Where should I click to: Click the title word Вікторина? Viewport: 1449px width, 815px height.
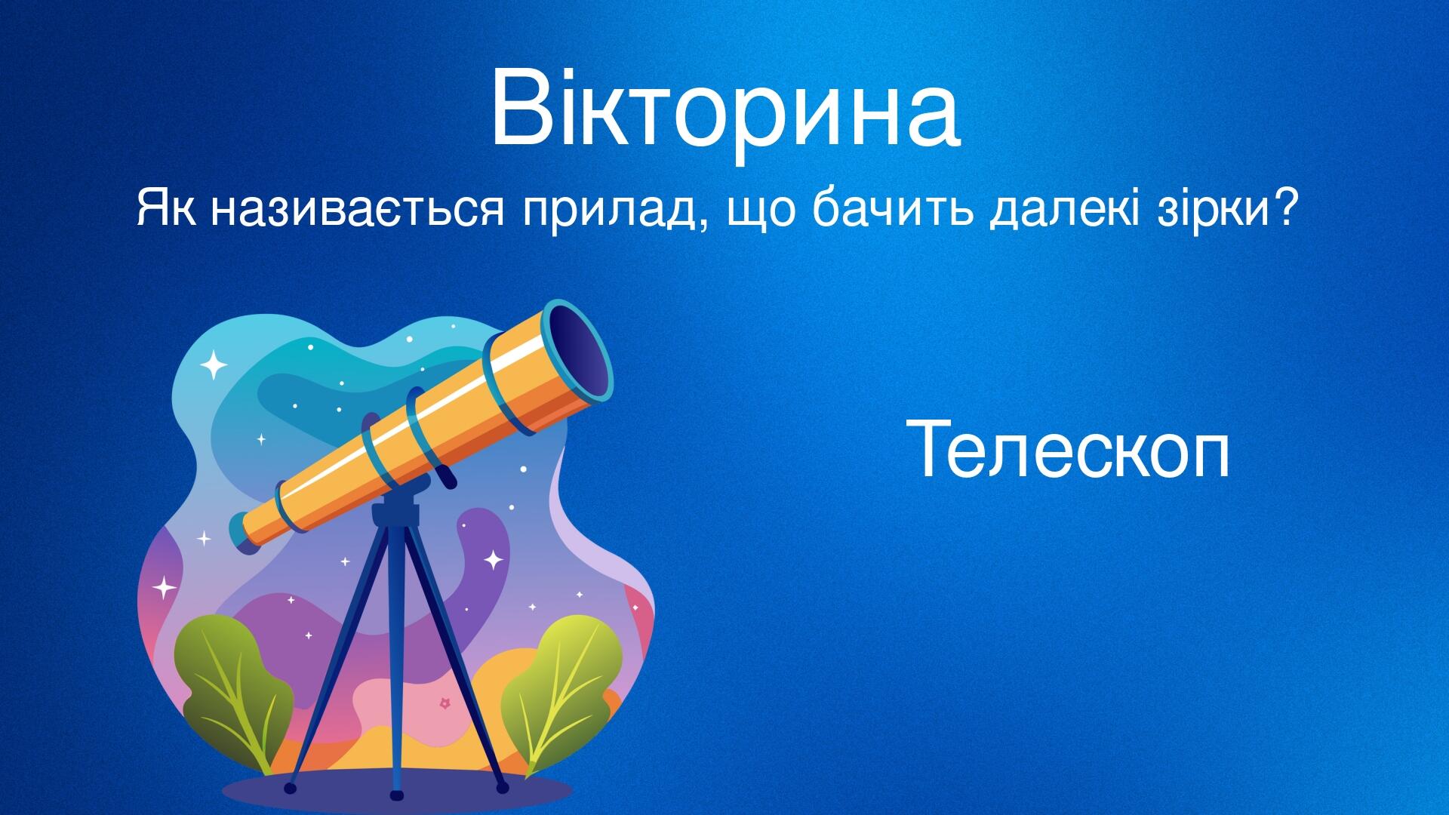tap(724, 109)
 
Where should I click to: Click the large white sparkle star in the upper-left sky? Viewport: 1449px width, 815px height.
tap(214, 364)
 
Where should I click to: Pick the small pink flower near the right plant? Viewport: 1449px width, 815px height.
tap(445, 703)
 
